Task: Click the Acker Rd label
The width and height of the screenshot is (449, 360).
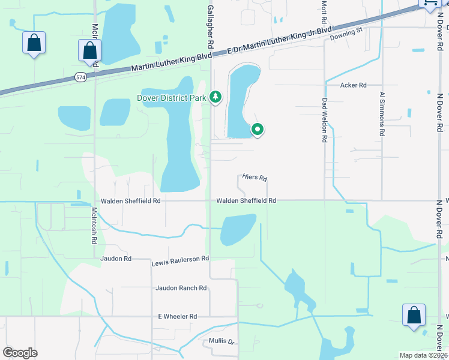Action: pos(353,85)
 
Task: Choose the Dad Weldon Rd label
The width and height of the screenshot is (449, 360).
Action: pos(324,119)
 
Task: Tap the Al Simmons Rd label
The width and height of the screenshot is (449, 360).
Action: pos(381,115)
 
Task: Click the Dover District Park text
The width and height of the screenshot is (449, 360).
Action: pos(171,97)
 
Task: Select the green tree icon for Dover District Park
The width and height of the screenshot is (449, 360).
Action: pos(215,97)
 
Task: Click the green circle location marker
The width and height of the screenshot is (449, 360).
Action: pos(258,129)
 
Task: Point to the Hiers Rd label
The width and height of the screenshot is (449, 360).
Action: pos(255,178)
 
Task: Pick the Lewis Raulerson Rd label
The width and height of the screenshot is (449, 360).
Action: pos(180,259)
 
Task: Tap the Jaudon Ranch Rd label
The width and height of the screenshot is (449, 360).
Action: pos(181,288)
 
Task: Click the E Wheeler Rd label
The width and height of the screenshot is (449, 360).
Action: pos(177,316)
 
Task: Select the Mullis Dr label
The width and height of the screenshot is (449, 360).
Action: pos(221,340)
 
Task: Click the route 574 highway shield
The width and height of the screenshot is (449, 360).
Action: pos(80,77)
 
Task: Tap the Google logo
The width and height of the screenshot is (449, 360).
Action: pos(20,353)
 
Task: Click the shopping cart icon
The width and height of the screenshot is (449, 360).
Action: pos(430,3)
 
